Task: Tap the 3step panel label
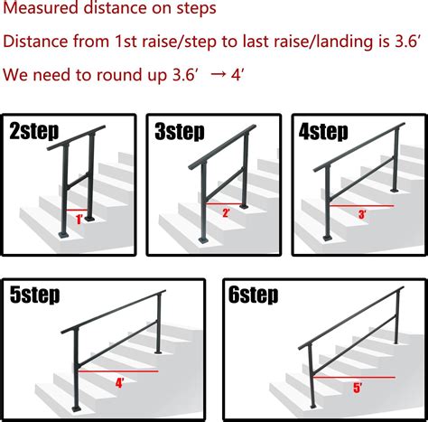[x=181, y=133]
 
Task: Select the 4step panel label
[x=323, y=133]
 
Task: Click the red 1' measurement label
[x=79, y=219]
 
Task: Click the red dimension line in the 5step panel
[x=118, y=370]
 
